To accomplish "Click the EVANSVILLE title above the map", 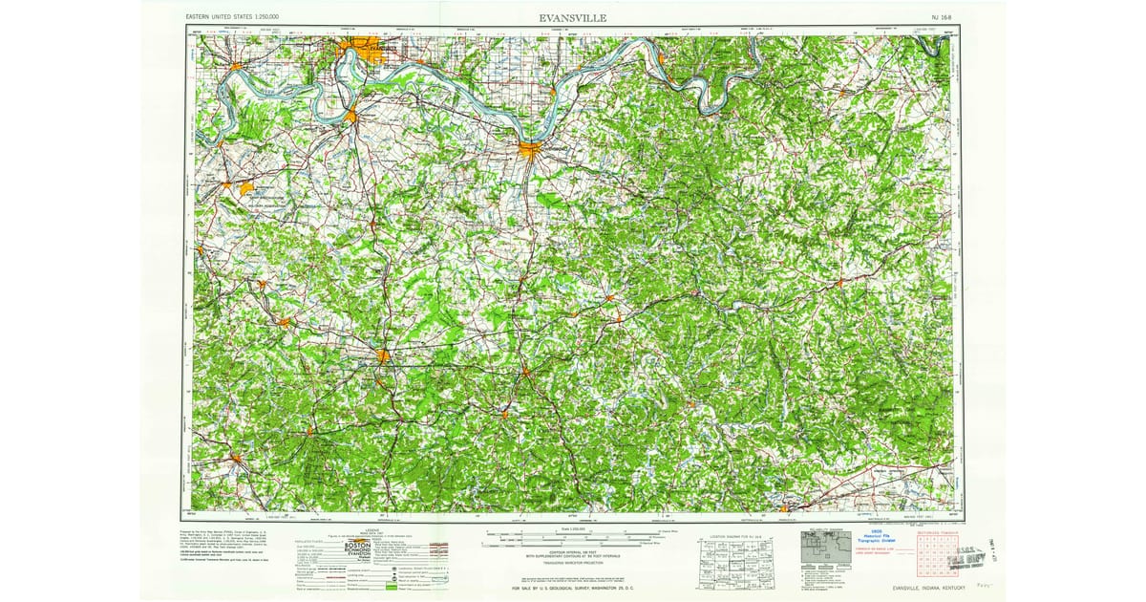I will coord(572,17).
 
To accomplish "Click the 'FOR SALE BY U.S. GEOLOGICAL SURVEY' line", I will coord(573,588).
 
